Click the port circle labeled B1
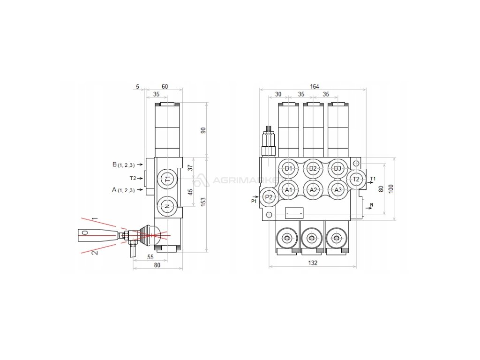pos(288,169)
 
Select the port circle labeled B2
pos(314,169)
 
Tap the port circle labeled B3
pos(337,169)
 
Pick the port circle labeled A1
pos(288,190)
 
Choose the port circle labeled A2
pos(314,190)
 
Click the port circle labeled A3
pos(337,190)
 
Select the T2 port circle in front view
pos(356,179)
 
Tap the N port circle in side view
pos(167,205)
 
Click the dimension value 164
pos(314,86)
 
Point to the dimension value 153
pos(203,201)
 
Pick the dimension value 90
pos(203,130)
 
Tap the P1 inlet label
pos(254,201)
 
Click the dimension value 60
pos(165,86)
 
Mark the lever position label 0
pos(84,232)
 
